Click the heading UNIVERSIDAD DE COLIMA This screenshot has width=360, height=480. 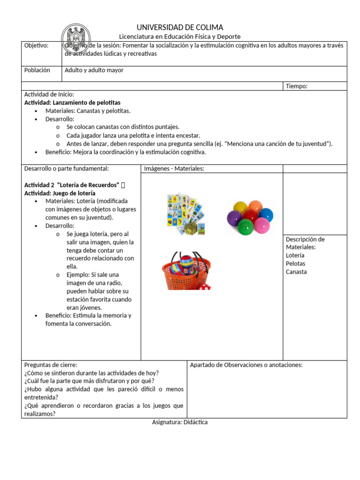point(180,27)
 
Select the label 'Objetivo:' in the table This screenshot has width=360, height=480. point(36,45)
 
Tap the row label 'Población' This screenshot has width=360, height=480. point(37,70)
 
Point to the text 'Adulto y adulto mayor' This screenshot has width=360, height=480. point(94,70)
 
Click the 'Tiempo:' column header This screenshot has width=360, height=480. point(296,86)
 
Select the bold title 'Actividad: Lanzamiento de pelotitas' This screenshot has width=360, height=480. point(72,102)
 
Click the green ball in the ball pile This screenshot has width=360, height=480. point(246,227)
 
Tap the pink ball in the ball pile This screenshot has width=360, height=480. point(261,226)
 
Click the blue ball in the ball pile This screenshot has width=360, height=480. point(266,215)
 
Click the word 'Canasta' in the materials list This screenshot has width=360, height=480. point(296,272)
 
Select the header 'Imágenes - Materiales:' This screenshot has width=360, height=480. point(174,169)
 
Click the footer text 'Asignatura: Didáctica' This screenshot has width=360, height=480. point(180,422)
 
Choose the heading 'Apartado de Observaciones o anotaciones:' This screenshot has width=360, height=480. point(246,365)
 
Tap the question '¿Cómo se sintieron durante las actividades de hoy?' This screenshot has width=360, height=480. point(91,373)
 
